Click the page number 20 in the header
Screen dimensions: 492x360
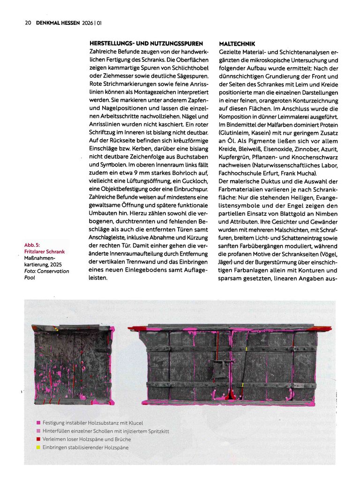tap(28, 22)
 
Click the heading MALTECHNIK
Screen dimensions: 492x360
tap(237, 44)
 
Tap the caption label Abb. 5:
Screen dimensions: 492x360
tap(32, 245)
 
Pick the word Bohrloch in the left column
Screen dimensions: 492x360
tap(176, 173)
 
